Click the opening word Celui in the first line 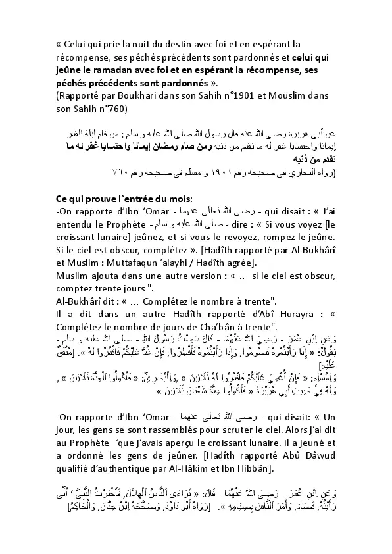coord(77,44)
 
